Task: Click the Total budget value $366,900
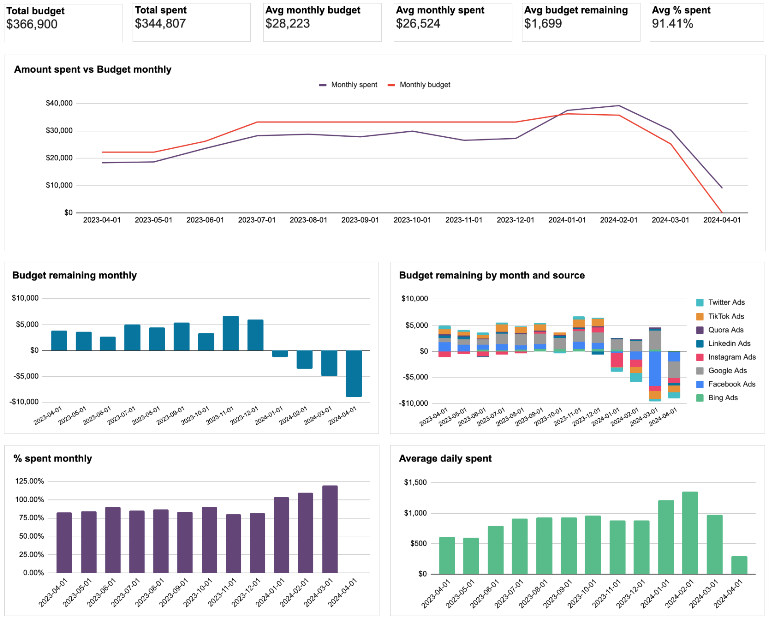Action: (x=32, y=24)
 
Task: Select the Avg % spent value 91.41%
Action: (x=672, y=24)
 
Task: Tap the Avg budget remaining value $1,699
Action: (x=543, y=24)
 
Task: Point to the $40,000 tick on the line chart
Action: (x=59, y=103)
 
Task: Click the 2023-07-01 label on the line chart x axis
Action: (x=257, y=220)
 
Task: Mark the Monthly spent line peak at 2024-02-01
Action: (x=619, y=106)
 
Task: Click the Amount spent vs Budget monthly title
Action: (x=93, y=70)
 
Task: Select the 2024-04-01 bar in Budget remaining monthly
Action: (x=353, y=373)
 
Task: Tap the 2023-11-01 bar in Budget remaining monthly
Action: (x=230, y=333)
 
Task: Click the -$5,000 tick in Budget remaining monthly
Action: (x=25, y=376)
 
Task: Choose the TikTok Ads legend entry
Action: (x=726, y=316)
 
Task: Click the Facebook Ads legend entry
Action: (x=731, y=384)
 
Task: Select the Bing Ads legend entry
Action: (x=723, y=398)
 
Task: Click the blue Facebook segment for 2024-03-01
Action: (x=655, y=368)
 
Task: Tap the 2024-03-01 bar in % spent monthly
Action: (x=330, y=529)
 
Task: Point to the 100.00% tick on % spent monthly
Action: (x=30, y=500)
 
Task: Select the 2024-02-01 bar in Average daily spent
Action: (x=690, y=533)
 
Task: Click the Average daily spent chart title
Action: (x=445, y=459)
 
